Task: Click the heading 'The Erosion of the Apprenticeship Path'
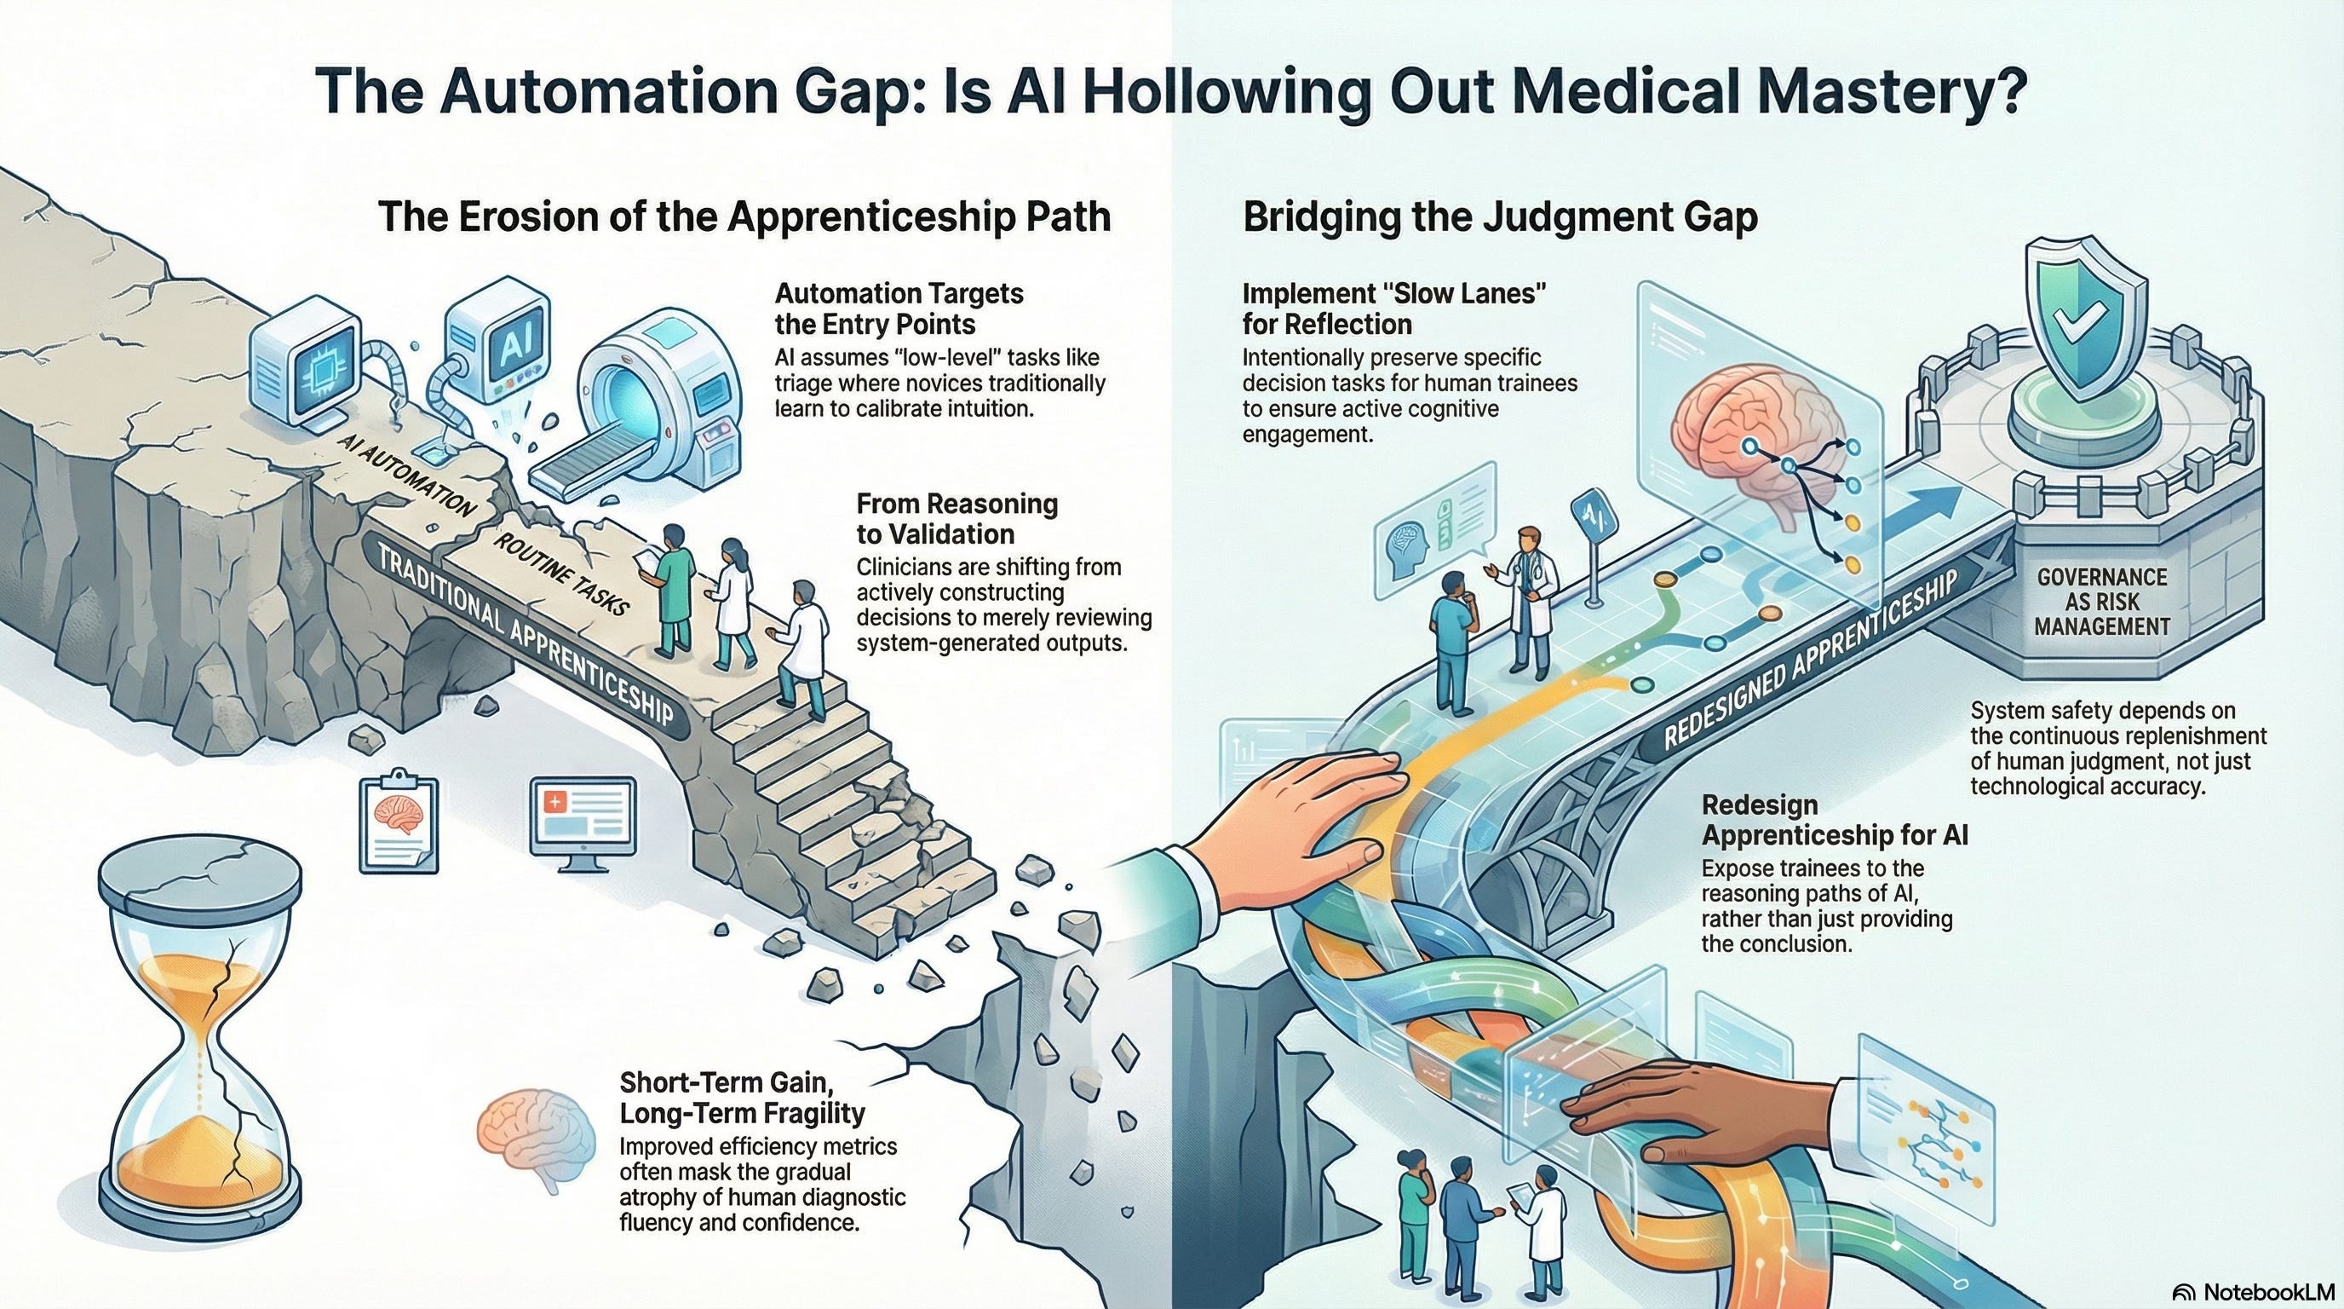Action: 744,217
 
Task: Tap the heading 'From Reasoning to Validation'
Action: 957,518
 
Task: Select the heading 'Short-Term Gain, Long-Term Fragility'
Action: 742,1097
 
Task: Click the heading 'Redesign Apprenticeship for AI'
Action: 1835,819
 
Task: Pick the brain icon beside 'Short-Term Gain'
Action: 537,1151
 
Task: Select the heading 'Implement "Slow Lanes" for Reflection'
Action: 1395,309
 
